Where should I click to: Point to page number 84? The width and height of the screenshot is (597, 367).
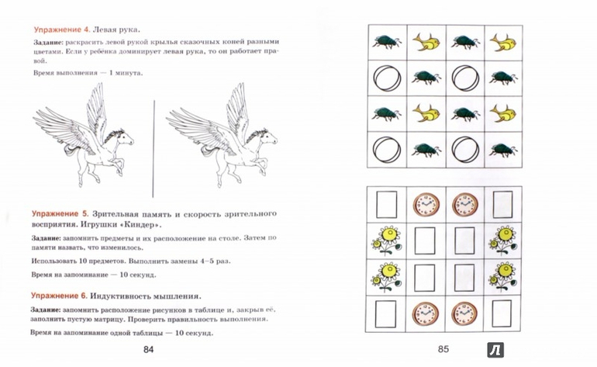[x=150, y=349]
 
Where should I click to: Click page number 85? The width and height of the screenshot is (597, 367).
[x=444, y=349]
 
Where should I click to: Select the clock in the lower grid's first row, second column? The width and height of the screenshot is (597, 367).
[x=424, y=204]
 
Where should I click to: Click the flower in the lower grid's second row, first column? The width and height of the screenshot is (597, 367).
[x=385, y=240]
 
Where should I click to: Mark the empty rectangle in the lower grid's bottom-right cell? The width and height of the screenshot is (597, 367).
[x=502, y=314]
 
